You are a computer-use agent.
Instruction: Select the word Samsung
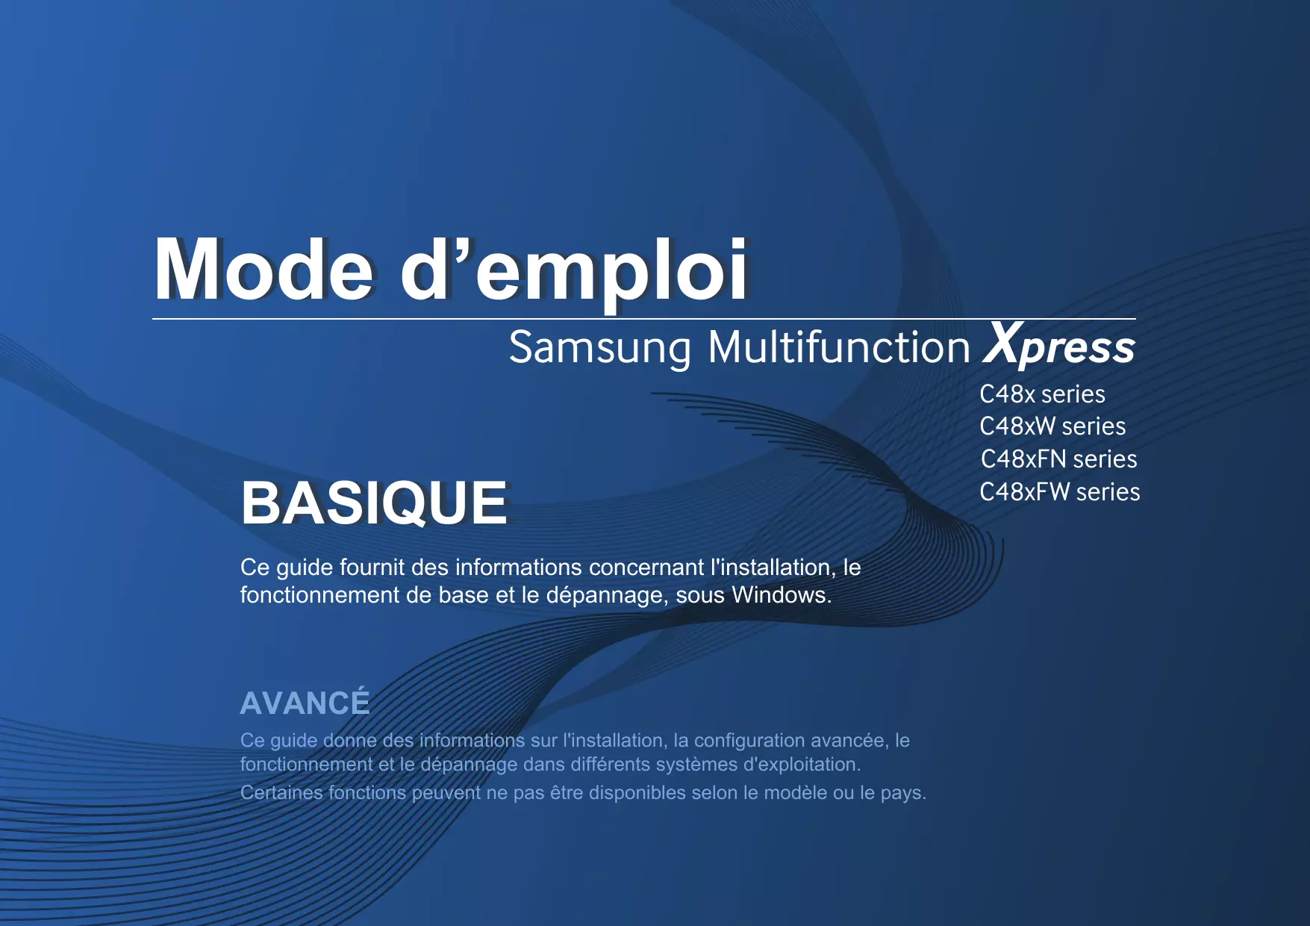600,349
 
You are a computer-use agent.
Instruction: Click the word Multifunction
839,347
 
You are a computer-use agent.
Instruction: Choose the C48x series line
1042,394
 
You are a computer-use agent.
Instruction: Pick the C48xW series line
1052,426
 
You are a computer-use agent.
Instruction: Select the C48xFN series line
1058,459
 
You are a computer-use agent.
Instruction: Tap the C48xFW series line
1060,492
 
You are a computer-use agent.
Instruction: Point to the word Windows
782,595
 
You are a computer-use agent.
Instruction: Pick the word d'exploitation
802,765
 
